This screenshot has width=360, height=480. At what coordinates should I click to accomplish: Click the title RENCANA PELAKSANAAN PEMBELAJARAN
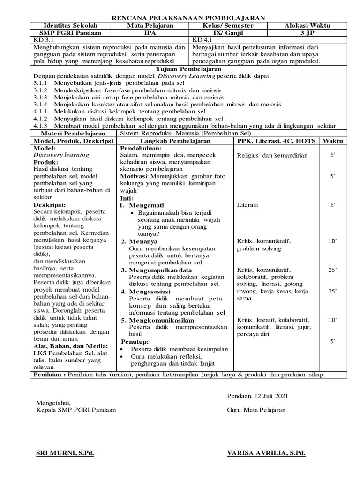pyautogui.click(x=188, y=18)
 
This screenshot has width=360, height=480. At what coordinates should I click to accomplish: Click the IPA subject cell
pyautogui.click(x=150, y=33)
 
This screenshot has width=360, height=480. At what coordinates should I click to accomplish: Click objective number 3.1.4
pyautogui.click(x=41, y=104)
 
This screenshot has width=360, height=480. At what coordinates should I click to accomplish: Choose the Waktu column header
pyautogui.click(x=332, y=141)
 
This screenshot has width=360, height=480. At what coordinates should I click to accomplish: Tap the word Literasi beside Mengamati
pyautogui.click(x=247, y=205)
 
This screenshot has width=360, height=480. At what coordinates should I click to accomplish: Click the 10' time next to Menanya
pyautogui.click(x=333, y=241)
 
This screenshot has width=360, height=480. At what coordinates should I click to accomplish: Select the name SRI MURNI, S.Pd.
pyautogui.click(x=65, y=453)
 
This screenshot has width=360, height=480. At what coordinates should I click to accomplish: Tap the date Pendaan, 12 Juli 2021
pyautogui.click(x=257, y=396)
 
